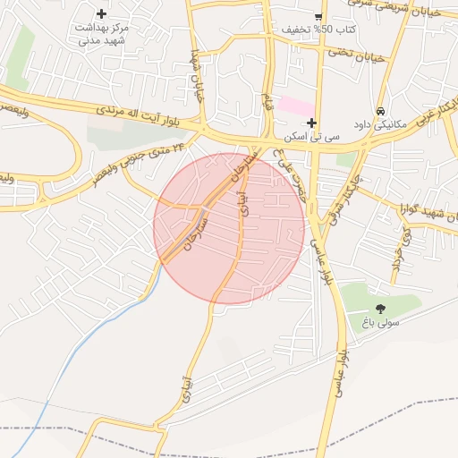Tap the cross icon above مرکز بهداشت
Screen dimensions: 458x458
tap(101, 13)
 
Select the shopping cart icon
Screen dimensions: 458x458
tap(318, 16)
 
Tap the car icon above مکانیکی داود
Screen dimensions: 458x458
tap(381, 112)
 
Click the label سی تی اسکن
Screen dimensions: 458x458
tap(311, 138)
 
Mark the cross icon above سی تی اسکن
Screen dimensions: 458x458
tap(311, 123)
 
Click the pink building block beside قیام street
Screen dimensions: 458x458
tap(296, 106)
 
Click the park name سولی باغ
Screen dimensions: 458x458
tap(381, 320)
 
